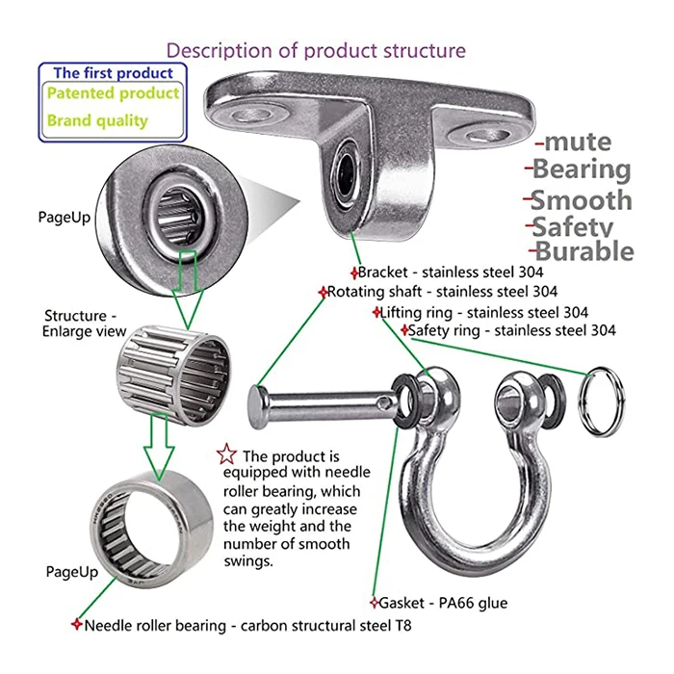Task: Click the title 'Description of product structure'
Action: pyautogui.click(x=316, y=50)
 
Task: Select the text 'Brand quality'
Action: pyautogui.click(x=97, y=121)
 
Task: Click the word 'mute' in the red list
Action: pyautogui.click(x=577, y=143)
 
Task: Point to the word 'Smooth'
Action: pyautogui.click(x=582, y=201)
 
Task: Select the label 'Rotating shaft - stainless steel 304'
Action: pyautogui.click(x=441, y=291)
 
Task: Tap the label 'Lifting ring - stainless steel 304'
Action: pyautogui.click(x=482, y=312)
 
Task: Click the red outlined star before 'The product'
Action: pyautogui.click(x=226, y=454)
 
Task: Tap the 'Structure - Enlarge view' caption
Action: pyautogui.click(x=85, y=324)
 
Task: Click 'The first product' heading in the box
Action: pyautogui.click(x=114, y=72)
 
